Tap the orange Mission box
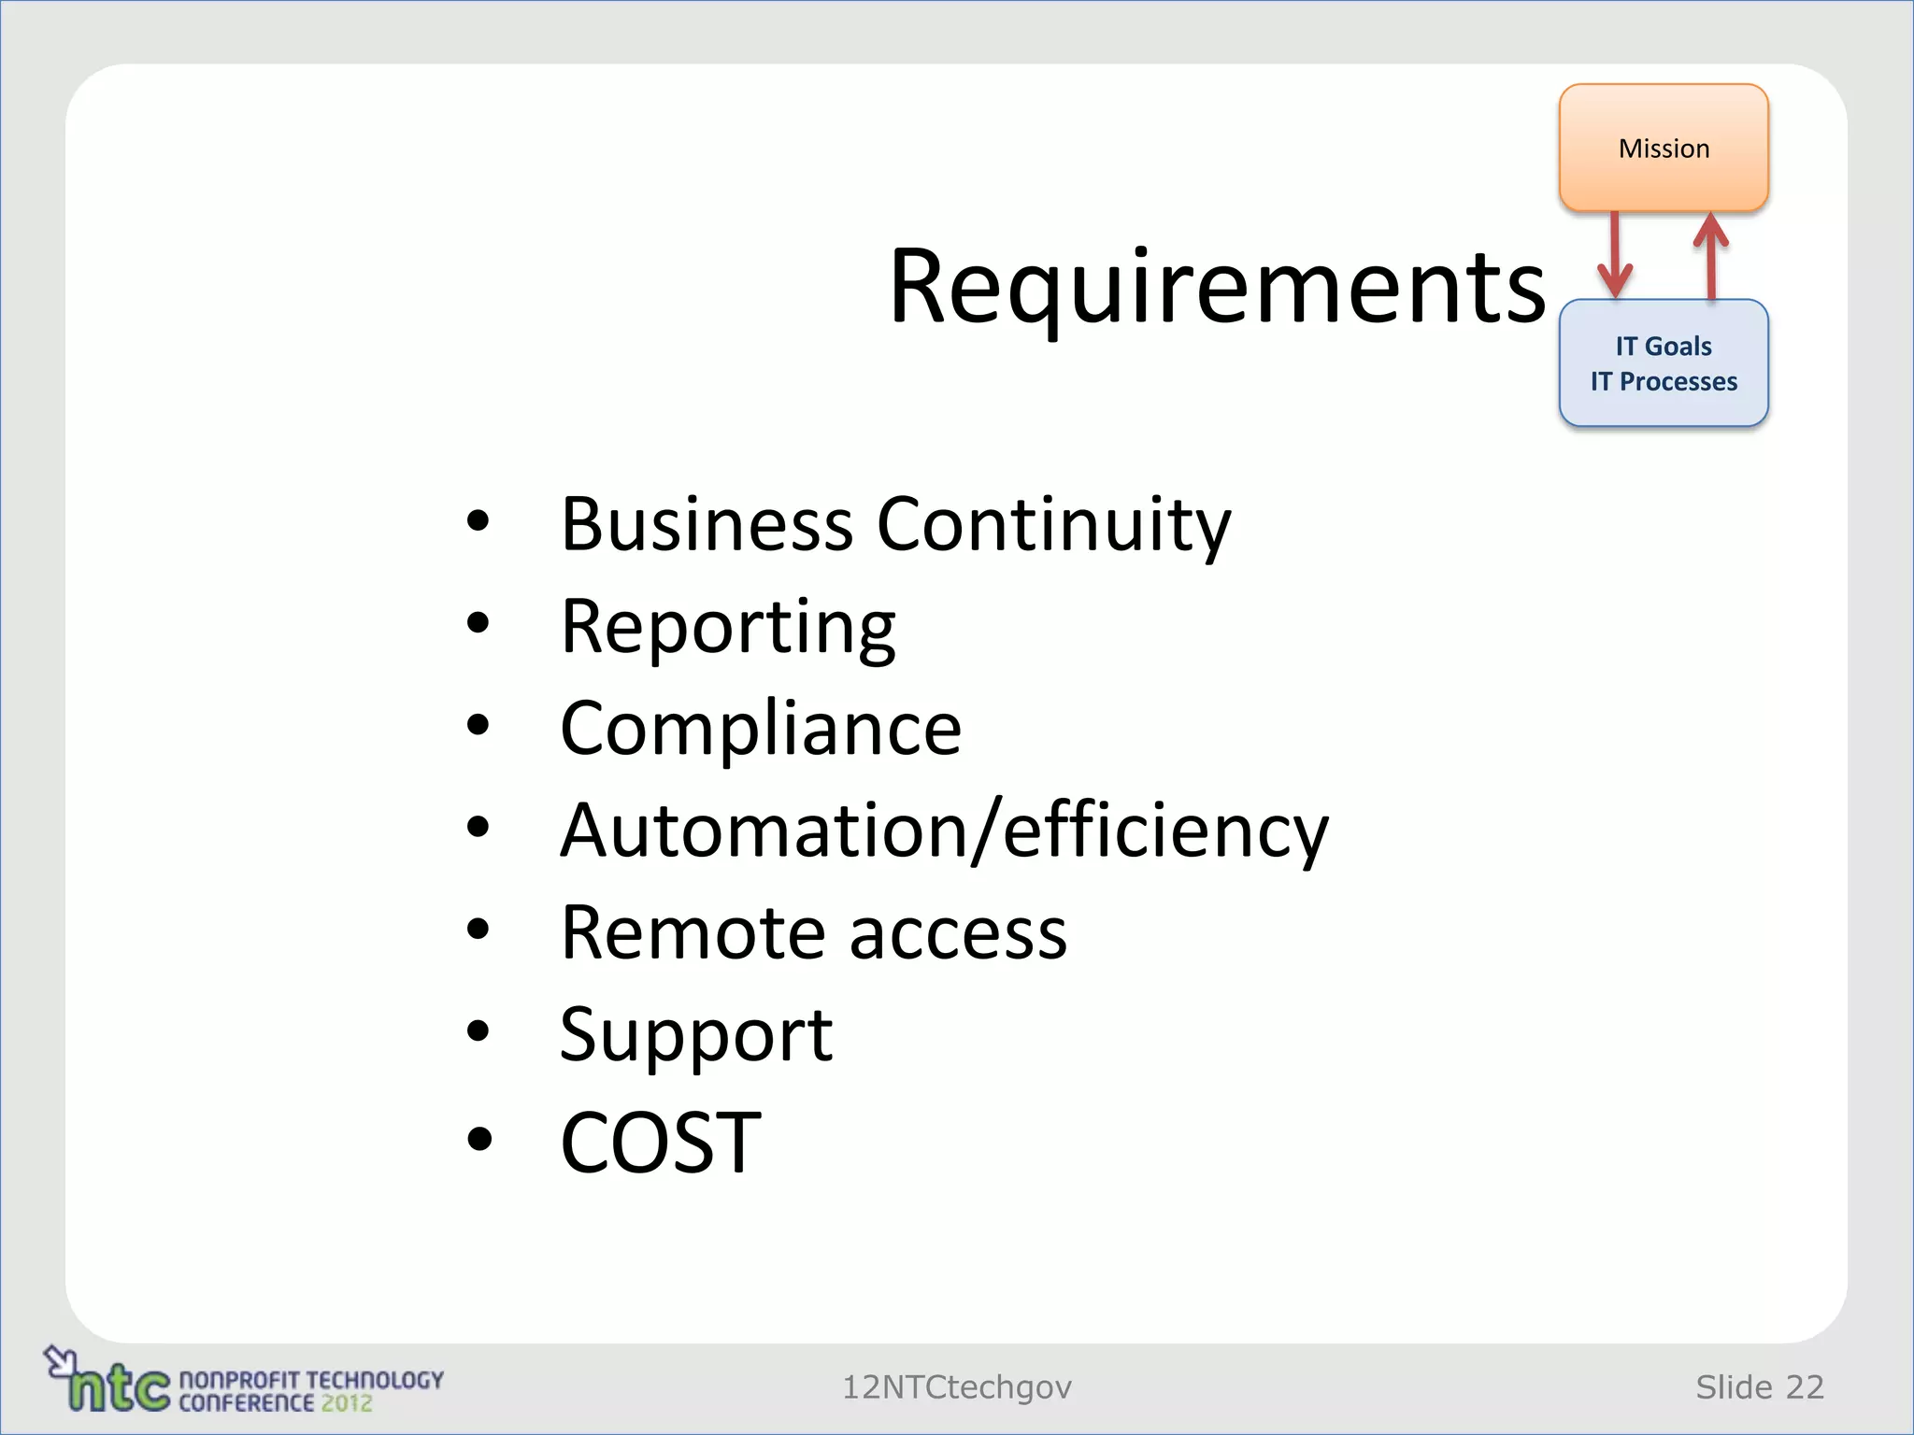1664,148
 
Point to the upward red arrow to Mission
1711,255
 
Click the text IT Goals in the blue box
1664,347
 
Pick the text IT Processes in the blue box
1664,381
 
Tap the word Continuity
1053,525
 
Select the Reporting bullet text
727,628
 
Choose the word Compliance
760,729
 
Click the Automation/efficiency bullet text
944,831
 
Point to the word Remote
693,932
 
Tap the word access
958,934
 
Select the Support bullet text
695,1035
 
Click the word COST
661,1142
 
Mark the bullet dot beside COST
478,1139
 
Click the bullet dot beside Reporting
478,623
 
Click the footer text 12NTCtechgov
957,1387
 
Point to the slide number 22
1805,1387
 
